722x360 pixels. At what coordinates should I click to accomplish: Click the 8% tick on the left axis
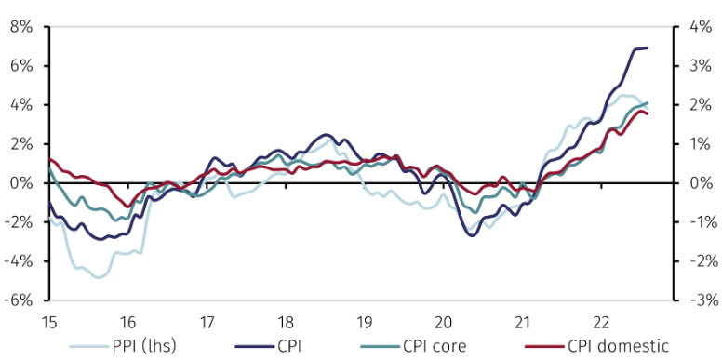point(20,27)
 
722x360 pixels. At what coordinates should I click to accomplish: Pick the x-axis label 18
point(286,322)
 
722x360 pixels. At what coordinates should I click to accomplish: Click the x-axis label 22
point(601,322)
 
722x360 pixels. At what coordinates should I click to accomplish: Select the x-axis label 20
point(443,322)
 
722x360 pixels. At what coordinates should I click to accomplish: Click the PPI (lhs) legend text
point(141,347)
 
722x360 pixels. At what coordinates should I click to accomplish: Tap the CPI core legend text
point(438,347)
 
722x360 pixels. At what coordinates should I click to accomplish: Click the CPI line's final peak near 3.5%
point(644,47)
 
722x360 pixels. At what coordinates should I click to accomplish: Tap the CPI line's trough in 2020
point(472,235)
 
